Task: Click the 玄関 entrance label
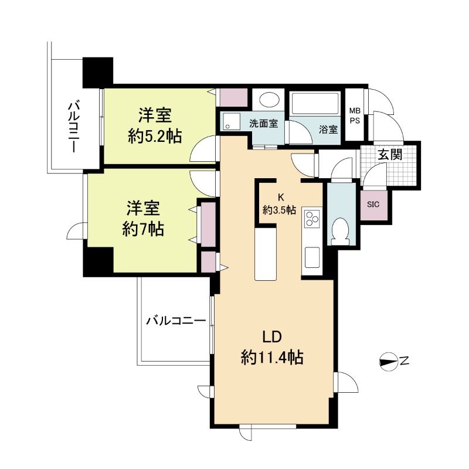tap(390, 155)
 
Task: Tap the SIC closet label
tap(373, 205)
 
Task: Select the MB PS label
tap(355, 116)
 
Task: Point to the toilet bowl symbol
tap(341, 230)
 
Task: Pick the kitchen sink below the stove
tap(312, 257)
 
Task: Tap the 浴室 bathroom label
tap(328, 130)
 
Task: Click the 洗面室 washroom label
tap(263, 123)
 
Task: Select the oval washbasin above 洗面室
tap(269, 99)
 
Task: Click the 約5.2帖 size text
tap(155, 137)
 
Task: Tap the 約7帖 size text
tap(143, 229)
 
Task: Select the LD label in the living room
tap(272, 337)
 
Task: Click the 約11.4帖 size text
tap(272, 358)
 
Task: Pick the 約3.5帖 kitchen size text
tap(280, 210)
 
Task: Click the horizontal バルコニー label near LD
tap(176, 321)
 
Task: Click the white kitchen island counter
tap(266, 254)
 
